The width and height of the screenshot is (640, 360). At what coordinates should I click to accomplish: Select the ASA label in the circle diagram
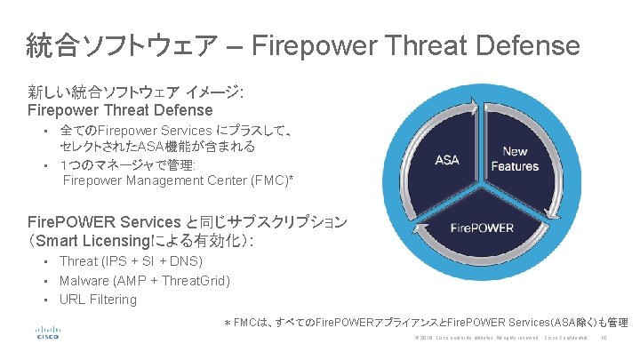(x=447, y=160)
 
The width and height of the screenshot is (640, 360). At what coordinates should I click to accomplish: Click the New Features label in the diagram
(x=515, y=158)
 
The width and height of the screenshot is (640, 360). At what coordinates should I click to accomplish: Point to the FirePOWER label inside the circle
(x=482, y=228)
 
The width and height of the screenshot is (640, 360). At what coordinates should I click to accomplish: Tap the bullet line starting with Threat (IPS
(x=131, y=261)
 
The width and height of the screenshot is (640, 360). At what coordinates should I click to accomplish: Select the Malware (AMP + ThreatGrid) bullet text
(x=144, y=281)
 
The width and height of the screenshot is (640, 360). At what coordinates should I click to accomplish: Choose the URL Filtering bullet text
(x=98, y=300)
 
